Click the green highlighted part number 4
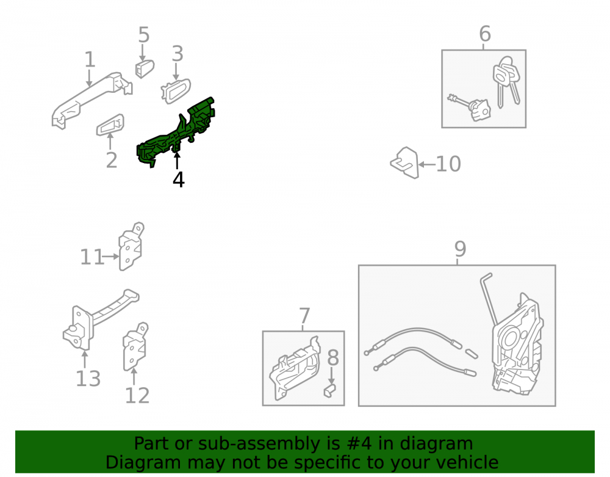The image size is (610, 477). click(175, 133)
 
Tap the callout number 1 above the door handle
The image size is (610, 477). click(90, 60)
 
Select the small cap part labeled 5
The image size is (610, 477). click(145, 69)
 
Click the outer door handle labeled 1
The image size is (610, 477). click(92, 100)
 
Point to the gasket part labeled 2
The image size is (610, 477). click(110, 125)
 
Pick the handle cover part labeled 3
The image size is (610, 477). click(176, 91)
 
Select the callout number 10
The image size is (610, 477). click(448, 164)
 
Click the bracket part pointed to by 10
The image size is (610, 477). click(405, 162)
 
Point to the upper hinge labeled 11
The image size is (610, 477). click(131, 247)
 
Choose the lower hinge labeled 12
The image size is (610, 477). click(135, 346)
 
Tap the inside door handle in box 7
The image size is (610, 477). click(294, 368)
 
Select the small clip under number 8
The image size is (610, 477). click(329, 390)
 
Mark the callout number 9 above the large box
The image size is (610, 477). click(460, 249)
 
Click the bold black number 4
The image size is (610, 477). click(179, 180)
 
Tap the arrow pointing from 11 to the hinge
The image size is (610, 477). click(111, 257)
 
